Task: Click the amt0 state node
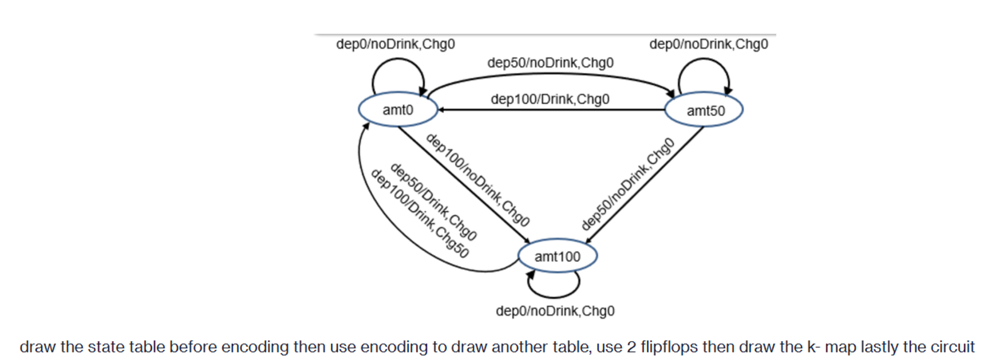(397, 110)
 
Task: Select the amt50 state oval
(704, 110)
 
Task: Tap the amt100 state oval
(557, 256)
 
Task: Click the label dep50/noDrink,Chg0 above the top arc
(550, 63)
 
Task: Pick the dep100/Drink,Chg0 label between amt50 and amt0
(550, 99)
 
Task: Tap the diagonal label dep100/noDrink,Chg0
(477, 180)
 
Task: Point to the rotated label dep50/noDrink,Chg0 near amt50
(627, 184)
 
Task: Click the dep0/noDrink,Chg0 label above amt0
(395, 44)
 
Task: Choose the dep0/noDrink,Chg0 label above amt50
(709, 44)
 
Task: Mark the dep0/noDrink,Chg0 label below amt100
(555, 311)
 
